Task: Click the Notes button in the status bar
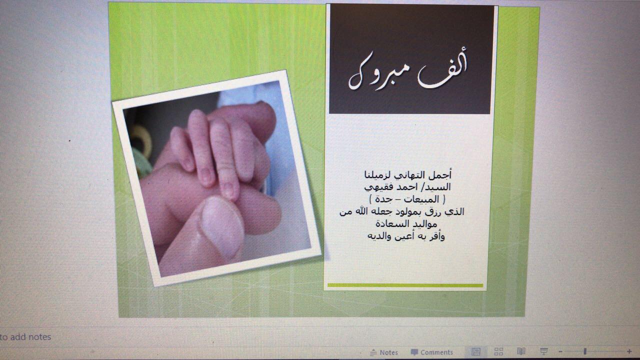click(383, 352)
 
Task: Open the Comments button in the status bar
click(431, 352)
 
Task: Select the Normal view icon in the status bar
click(475, 351)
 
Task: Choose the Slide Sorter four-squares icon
click(498, 351)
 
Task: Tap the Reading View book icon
click(521, 351)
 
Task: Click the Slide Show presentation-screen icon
click(543, 351)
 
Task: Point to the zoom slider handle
click(585, 351)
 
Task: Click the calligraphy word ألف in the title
click(442, 70)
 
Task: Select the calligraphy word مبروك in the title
click(378, 73)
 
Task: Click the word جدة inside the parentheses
click(383, 199)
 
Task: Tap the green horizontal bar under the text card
click(405, 285)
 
